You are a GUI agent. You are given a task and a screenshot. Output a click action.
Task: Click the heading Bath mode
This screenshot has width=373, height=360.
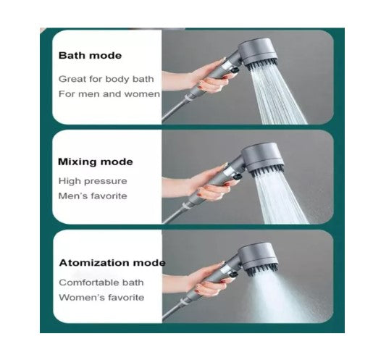[90, 56]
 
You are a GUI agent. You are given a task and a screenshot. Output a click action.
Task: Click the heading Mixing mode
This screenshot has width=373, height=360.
[96, 162]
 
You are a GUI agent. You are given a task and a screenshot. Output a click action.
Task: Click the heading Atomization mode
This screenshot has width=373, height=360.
[112, 263]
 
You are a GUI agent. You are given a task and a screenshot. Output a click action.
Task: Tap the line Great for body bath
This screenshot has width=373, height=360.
[106, 79]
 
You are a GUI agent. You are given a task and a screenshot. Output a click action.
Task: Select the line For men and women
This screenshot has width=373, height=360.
[109, 94]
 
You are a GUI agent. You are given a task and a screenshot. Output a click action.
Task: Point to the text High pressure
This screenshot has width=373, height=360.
[93, 181]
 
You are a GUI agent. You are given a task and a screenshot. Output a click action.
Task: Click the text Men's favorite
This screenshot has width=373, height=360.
[93, 196]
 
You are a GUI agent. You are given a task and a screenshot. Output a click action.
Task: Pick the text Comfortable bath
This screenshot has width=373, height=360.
[101, 282]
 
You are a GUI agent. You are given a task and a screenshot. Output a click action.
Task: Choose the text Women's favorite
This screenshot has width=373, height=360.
[101, 297]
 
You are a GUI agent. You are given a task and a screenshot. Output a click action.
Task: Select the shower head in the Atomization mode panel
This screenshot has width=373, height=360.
[259, 259]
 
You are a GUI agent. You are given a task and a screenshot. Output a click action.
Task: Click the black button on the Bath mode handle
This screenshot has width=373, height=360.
[234, 70]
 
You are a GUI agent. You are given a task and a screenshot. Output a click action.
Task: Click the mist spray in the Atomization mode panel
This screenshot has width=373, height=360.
[285, 297]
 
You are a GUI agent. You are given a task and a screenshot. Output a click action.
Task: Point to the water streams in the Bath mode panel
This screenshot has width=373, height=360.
[277, 96]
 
